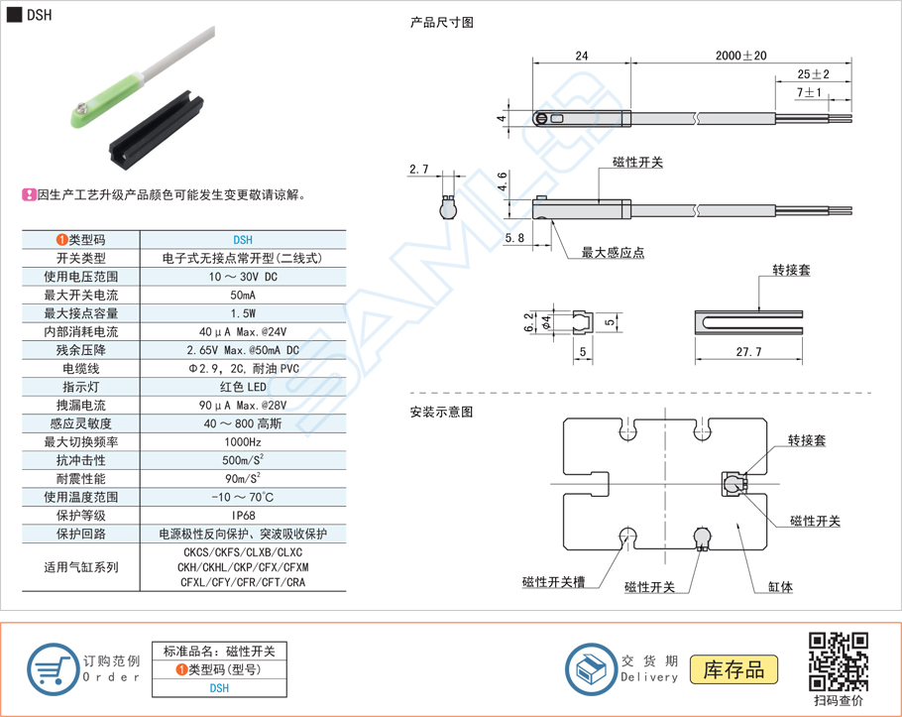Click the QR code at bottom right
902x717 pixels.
point(839,661)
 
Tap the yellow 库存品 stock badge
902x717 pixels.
point(733,669)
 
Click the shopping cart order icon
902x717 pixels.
point(54,669)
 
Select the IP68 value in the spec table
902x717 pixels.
point(243,516)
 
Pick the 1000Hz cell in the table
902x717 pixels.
point(243,442)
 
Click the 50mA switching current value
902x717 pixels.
point(243,296)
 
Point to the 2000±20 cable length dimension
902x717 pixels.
point(741,56)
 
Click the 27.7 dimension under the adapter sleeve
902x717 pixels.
point(748,352)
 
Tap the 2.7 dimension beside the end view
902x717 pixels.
point(418,170)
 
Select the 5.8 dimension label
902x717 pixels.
point(514,238)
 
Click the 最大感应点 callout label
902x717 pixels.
point(613,253)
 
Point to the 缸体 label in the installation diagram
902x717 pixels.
point(780,587)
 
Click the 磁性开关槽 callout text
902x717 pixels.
point(553,582)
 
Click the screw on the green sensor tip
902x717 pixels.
point(81,107)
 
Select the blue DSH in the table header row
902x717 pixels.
point(243,240)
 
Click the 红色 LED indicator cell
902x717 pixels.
point(243,387)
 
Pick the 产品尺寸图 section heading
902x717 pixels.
point(442,23)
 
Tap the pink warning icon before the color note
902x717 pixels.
point(29,195)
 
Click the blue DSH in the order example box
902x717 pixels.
point(219,688)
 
